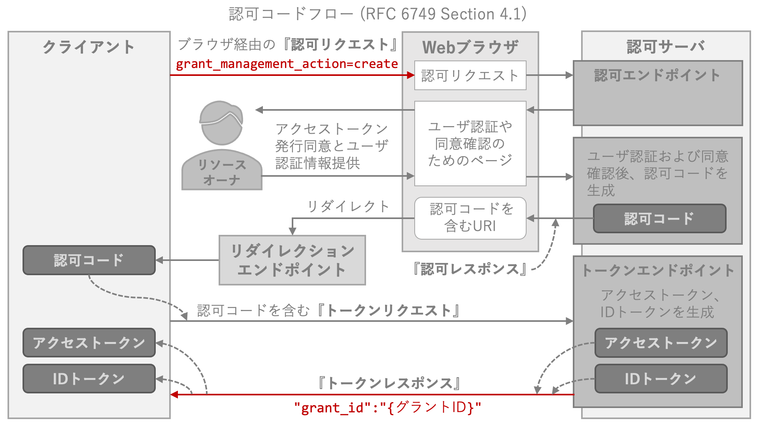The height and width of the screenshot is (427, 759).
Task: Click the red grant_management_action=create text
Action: pyautogui.click(x=287, y=64)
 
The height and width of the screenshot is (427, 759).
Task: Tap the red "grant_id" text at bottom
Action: pyautogui.click(x=387, y=408)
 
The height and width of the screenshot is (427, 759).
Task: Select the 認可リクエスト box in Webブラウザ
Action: pyautogui.click(x=470, y=75)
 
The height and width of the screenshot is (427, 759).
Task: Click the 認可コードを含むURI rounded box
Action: pyautogui.click(x=470, y=218)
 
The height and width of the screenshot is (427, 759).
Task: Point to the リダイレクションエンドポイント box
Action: pyautogui.click(x=293, y=260)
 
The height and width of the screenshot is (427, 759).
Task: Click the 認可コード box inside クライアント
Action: pyautogui.click(x=89, y=260)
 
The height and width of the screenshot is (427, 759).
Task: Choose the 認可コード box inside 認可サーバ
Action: pyautogui.click(x=660, y=218)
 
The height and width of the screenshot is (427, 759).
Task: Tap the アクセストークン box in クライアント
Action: pyautogui.click(x=89, y=343)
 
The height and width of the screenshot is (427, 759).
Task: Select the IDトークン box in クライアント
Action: pyautogui.click(x=89, y=379)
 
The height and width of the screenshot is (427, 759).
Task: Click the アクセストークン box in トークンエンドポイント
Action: pyautogui.click(x=661, y=343)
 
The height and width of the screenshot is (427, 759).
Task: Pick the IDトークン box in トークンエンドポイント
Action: pyautogui.click(x=661, y=379)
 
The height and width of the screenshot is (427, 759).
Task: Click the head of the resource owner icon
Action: pyautogui.click(x=221, y=123)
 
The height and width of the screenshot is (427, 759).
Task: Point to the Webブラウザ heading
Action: pyautogui.click(x=470, y=47)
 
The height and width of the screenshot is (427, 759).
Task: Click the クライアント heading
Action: pyautogui.click(x=89, y=47)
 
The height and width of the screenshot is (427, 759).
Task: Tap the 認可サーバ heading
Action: pyautogui.click(x=666, y=47)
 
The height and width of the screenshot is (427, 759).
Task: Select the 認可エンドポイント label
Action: pyautogui.click(x=657, y=75)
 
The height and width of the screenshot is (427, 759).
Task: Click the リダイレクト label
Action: pyautogui.click(x=348, y=206)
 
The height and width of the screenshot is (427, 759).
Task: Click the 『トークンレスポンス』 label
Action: pyautogui.click(x=390, y=383)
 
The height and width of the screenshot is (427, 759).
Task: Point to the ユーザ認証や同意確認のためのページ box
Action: pyautogui.click(x=470, y=144)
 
